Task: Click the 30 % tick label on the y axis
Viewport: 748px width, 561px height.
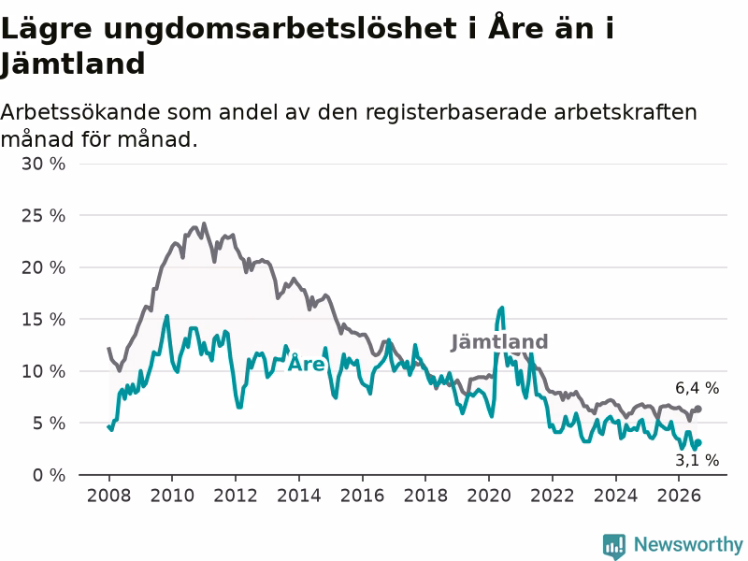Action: click(x=43, y=165)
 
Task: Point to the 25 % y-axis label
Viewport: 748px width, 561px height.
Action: click(x=43, y=216)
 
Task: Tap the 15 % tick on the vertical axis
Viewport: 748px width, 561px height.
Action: click(x=43, y=319)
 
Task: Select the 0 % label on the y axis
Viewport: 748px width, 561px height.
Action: click(x=50, y=475)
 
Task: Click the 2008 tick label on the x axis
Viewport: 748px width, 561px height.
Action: click(x=108, y=496)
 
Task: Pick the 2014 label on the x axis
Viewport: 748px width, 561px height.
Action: click(x=298, y=496)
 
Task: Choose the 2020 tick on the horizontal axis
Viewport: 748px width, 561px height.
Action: click(x=488, y=496)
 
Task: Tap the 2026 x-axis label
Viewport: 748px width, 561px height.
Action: click(x=679, y=496)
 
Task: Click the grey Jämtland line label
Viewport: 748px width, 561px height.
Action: click(x=499, y=342)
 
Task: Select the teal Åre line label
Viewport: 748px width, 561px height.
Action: click(x=307, y=364)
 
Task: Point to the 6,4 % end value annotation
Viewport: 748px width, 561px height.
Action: click(x=697, y=388)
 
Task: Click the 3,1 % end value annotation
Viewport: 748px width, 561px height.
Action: click(x=697, y=460)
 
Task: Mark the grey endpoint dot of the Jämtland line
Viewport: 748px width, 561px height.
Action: click(x=698, y=409)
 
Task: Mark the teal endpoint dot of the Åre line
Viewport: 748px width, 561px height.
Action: click(x=698, y=442)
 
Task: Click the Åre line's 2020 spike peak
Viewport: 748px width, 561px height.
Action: click(x=502, y=309)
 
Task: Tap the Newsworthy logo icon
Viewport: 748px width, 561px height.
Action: click(x=614, y=546)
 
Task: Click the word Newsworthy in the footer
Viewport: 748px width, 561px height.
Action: click(x=688, y=544)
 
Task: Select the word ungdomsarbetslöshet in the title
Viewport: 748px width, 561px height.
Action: click(x=280, y=30)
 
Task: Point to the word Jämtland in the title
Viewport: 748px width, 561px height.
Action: click(x=73, y=64)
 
